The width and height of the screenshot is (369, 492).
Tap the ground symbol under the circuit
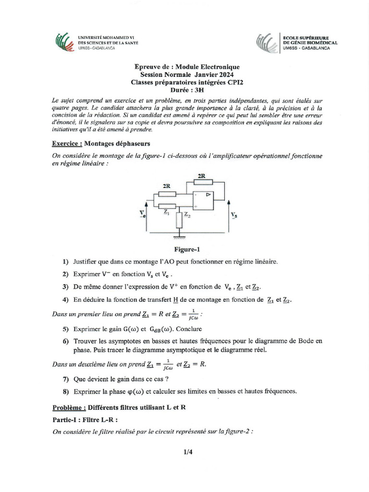[180, 235]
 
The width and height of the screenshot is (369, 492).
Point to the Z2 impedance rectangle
[180, 220]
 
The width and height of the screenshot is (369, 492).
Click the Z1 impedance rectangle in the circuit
[166, 206]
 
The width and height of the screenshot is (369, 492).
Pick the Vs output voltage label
[234, 215]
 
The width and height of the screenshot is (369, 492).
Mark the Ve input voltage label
[142, 214]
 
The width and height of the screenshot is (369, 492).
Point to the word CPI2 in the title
[235, 82]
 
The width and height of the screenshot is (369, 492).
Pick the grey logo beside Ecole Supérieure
[266, 42]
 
